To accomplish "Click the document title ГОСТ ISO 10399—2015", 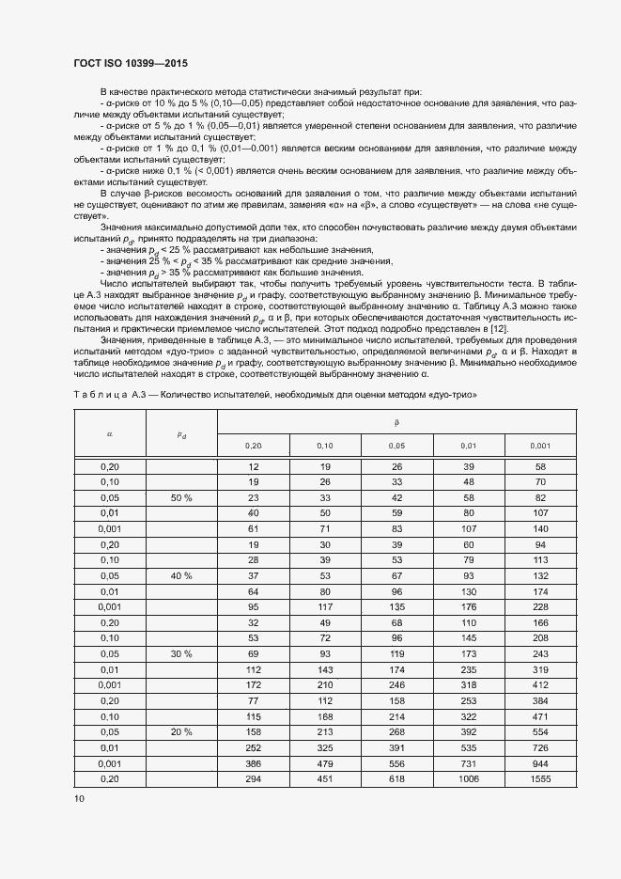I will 130,64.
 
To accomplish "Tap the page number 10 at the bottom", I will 79,799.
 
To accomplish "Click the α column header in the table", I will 110,434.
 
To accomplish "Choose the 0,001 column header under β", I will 540,446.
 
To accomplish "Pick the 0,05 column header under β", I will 396,446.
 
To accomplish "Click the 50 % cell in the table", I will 181,496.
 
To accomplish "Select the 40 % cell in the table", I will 181,575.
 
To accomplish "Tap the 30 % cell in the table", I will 181,653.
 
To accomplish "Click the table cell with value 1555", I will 540,779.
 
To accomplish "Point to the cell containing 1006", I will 468,779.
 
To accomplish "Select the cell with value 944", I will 540,763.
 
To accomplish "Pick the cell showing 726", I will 540,747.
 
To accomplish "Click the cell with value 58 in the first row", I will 540,466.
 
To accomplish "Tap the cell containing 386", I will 253,763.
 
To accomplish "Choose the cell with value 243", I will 540,653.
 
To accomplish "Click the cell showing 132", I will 540,575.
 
